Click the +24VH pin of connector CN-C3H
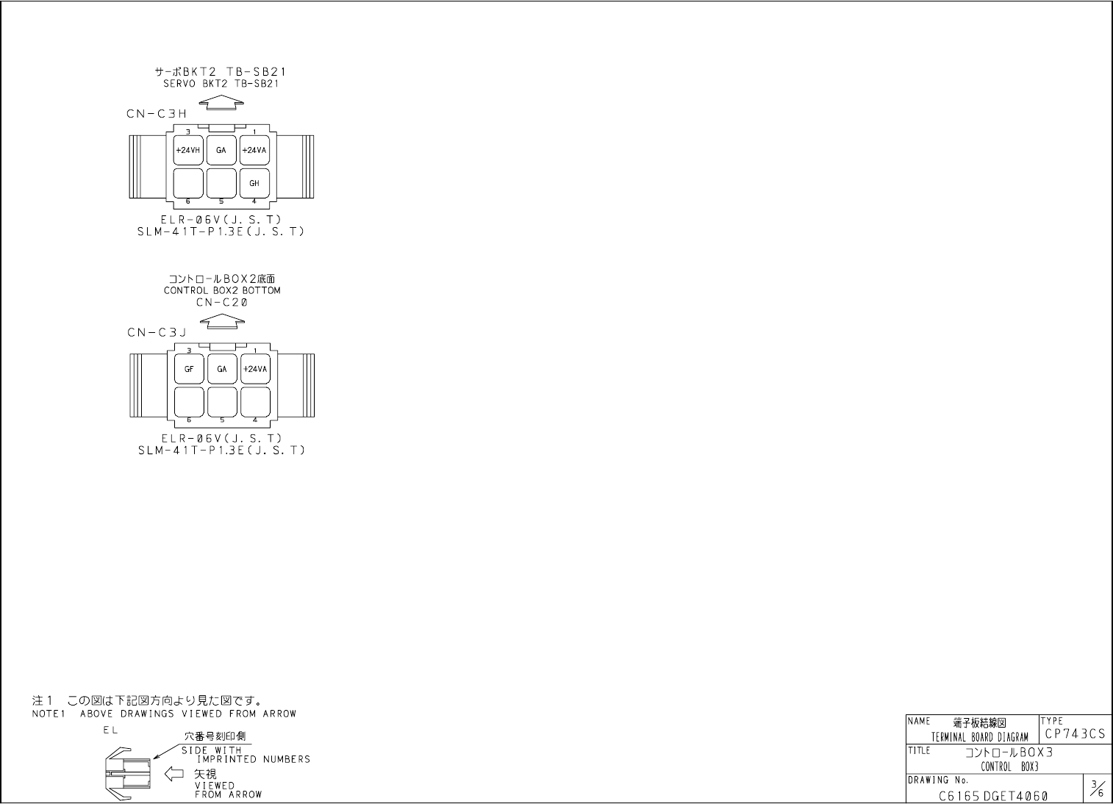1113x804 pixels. tap(188, 151)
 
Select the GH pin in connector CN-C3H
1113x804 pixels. tap(254, 183)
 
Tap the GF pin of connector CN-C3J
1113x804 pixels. tap(189, 369)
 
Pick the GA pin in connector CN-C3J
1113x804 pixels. tap(222, 369)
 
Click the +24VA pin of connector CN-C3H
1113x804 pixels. tap(254, 151)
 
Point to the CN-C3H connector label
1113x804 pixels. tap(157, 114)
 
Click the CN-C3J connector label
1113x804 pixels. tap(157, 333)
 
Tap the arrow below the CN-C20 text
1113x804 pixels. tap(222, 320)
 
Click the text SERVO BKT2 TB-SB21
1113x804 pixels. tap(221, 84)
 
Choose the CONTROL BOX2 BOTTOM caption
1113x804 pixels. tap(222, 290)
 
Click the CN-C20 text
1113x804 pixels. tap(222, 302)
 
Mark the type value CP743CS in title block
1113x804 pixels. tap(1074, 734)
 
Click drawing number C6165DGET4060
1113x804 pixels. tap(993, 796)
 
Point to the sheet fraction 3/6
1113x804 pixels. tap(1097, 790)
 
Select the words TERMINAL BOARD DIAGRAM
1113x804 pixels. tap(980, 737)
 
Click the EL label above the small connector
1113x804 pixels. tap(110, 731)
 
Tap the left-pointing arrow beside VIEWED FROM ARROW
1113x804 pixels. tap(173, 773)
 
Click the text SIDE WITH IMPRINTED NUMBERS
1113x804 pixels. tap(246, 755)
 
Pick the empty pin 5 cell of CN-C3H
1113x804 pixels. tap(221, 183)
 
